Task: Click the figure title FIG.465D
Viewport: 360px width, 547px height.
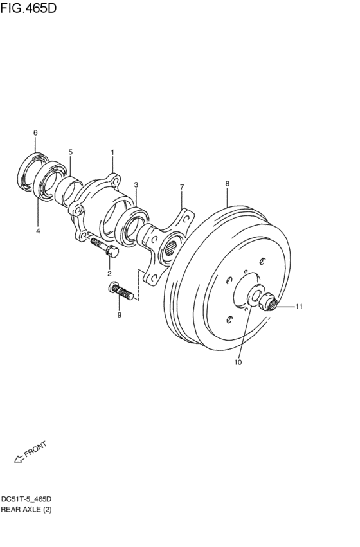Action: click(x=28, y=8)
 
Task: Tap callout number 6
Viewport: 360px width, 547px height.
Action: click(x=35, y=132)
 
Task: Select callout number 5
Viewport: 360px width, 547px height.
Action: click(x=71, y=152)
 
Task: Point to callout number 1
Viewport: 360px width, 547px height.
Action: click(x=113, y=152)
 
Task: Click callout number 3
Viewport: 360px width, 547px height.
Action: click(x=136, y=184)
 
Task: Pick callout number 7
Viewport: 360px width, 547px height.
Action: click(x=182, y=187)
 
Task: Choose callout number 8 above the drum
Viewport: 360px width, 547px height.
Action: click(x=227, y=183)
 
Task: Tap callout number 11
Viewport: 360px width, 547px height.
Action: click(x=298, y=307)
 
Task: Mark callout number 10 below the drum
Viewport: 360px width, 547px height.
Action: click(x=238, y=363)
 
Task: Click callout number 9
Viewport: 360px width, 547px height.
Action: click(x=120, y=315)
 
